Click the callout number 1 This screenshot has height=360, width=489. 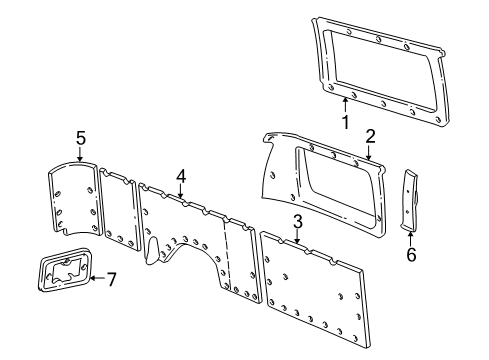[x=345, y=124]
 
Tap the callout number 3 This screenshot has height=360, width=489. [x=297, y=221]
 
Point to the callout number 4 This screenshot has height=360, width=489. [x=180, y=176]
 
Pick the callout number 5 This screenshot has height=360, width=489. [x=80, y=138]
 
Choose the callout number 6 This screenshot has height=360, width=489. [x=411, y=255]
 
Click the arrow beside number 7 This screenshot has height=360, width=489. [x=95, y=278]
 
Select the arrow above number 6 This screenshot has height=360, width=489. [x=410, y=237]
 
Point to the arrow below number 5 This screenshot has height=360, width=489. [x=80, y=156]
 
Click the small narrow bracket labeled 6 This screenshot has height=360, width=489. [x=411, y=200]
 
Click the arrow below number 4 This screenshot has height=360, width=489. [x=181, y=194]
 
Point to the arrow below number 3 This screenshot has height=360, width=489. [x=297, y=238]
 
